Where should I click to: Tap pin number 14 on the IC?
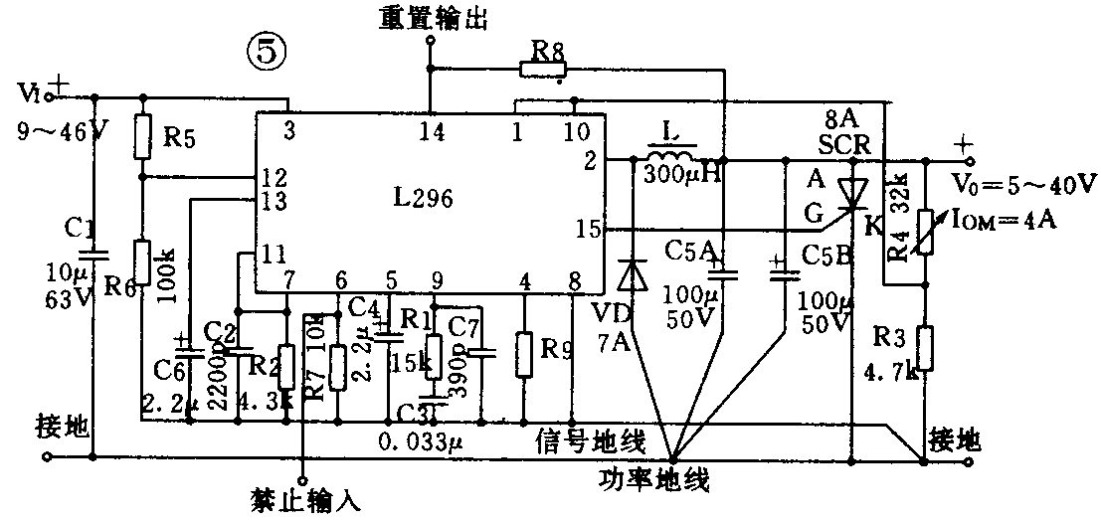pos(430,129)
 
